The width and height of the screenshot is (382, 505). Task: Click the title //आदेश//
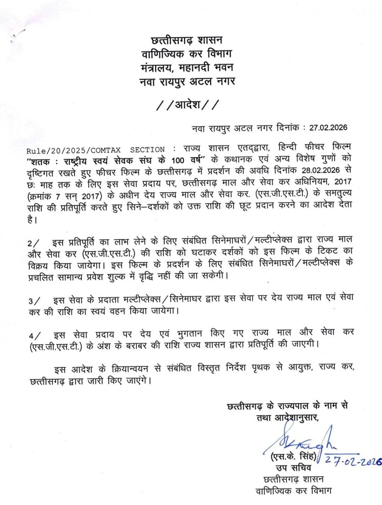coord(187,105)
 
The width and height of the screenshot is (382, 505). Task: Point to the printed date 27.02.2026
coord(328,128)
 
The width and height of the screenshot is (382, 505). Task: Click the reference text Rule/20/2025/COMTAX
coord(73,150)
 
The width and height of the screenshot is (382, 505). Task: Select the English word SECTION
coord(147,150)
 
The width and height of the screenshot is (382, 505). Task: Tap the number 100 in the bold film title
coord(179,160)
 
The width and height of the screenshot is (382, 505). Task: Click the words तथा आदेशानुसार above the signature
coord(287,418)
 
